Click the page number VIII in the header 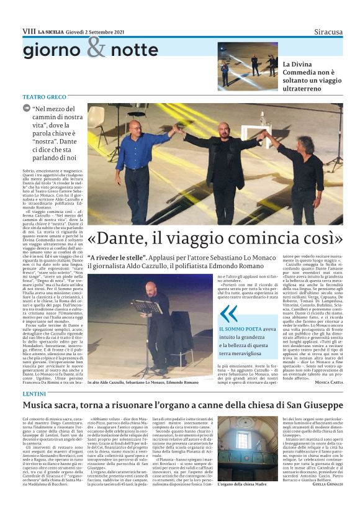[x=29, y=31]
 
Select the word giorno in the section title [x=52, y=50]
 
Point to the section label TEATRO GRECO [x=43, y=97]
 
